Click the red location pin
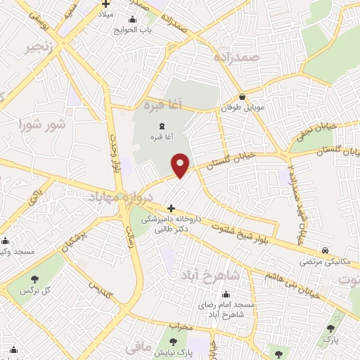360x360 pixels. [181, 165]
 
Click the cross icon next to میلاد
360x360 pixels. [105, 4]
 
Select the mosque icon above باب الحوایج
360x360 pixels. [133, 19]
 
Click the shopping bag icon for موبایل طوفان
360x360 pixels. [243, 97]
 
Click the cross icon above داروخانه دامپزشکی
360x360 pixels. [171, 208]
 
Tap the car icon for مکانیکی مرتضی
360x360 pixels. [326, 250]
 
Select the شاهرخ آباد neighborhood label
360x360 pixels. [209, 274]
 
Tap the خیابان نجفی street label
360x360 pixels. [314, 129]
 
